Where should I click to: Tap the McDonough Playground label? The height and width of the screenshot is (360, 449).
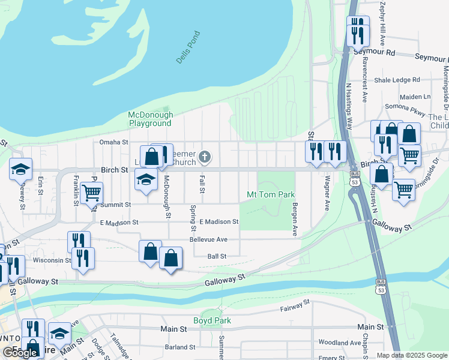point(150,119)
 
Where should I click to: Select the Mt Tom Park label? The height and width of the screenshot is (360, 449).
point(271,194)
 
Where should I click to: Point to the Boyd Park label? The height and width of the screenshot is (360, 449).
point(212,320)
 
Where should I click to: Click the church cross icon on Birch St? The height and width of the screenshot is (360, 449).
point(205,157)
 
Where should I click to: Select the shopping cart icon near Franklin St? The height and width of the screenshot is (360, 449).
point(92,193)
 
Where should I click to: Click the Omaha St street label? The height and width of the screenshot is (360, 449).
point(114,142)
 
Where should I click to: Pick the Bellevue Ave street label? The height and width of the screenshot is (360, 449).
point(208,239)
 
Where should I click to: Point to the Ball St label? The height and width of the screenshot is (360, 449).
point(216,256)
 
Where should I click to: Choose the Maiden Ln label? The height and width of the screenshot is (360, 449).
point(415,96)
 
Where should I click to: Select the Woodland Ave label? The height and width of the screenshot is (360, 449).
point(339,343)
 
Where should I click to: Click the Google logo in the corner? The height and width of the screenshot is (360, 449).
point(19,353)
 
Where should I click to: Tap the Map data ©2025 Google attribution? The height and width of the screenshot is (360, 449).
point(411,355)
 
